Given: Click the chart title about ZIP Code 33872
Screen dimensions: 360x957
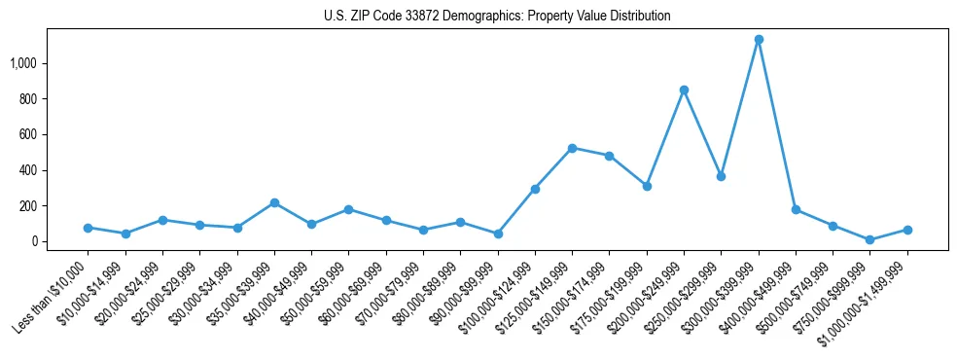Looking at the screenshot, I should click(497, 17).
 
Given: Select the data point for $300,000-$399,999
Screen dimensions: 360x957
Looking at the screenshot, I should click(759, 40).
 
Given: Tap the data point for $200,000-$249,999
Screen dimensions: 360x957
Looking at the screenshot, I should click(684, 90).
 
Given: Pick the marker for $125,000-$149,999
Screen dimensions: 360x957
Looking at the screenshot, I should click(572, 148).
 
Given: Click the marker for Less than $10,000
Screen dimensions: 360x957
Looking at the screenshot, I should click(88, 228).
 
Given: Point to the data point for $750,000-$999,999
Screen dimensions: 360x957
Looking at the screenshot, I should click(870, 240).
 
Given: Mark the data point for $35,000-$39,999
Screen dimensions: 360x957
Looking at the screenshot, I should click(274, 202).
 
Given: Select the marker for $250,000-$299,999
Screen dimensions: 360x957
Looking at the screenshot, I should click(721, 176).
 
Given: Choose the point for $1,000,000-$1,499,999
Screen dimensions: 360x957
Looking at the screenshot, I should click(907, 230).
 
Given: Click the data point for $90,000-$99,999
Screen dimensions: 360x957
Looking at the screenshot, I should click(498, 234).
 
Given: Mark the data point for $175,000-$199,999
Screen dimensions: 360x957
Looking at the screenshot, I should click(647, 186).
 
